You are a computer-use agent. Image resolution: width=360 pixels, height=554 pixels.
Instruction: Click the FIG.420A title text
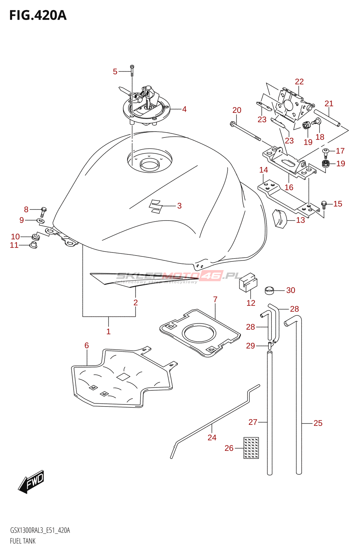coord(38,16)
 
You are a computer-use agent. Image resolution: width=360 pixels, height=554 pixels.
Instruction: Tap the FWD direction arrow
coord(31,482)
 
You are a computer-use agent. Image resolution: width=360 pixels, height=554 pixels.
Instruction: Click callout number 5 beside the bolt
coord(115,72)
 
